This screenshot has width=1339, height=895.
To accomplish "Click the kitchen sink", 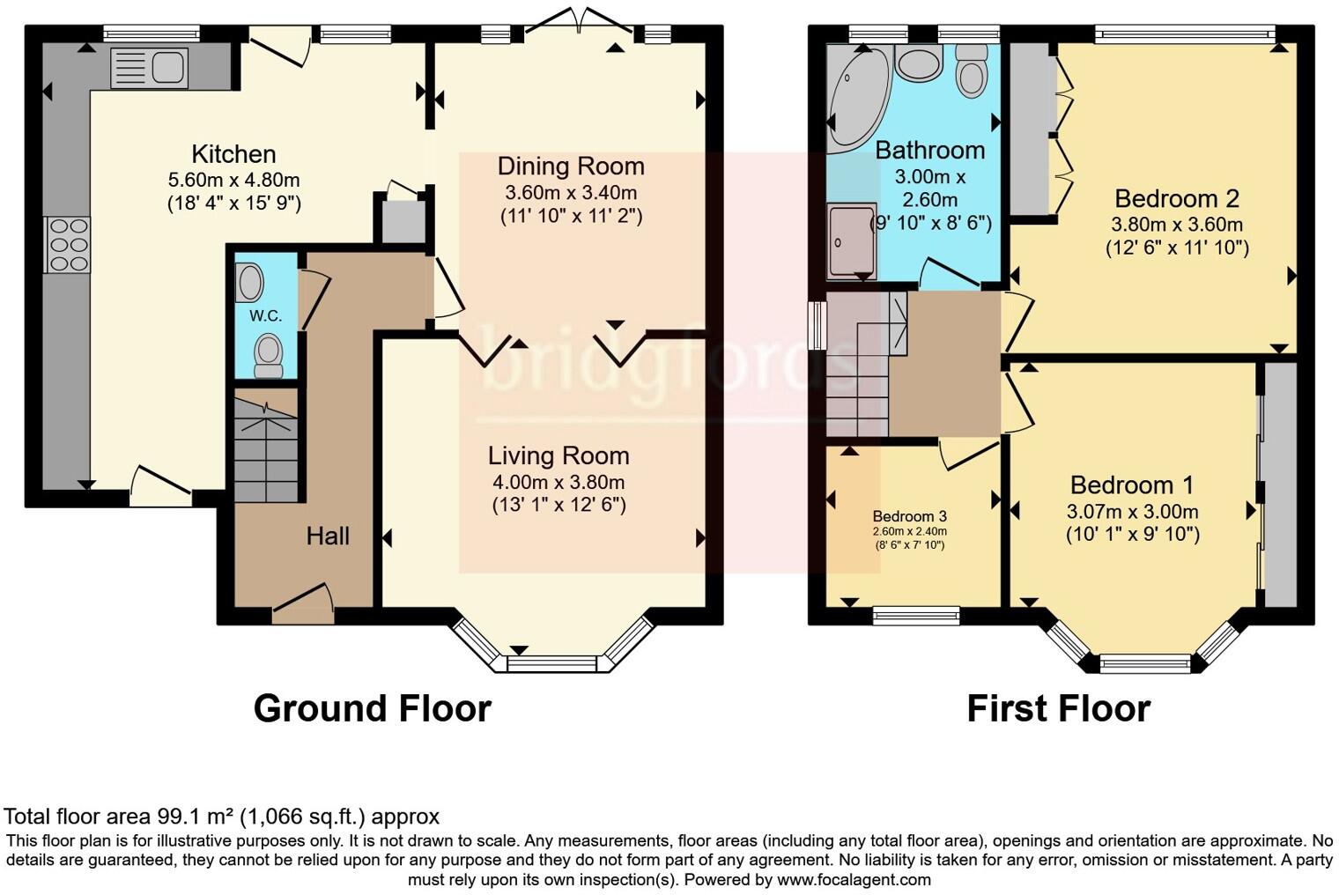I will click(149, 69).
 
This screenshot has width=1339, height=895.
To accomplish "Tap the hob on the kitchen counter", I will click(68, 244).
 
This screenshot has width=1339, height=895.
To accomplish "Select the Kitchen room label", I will click(233, 154).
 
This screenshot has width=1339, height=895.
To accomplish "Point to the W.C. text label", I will click(265, 315).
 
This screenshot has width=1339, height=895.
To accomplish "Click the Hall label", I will click(328, 536).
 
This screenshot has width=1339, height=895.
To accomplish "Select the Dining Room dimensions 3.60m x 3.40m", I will click(571, 192).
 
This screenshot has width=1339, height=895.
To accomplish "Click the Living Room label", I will click(559, 455).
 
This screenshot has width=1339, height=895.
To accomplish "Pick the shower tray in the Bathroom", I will click(851, 241).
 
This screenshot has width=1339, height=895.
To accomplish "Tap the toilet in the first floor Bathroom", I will click(971, 70).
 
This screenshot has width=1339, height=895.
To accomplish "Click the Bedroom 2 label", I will click(1177, 198).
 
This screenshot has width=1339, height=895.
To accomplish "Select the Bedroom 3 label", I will click(910, 516).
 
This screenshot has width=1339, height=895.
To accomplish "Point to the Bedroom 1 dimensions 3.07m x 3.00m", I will click(1132, 511).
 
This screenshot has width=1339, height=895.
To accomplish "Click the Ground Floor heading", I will click(372, 708).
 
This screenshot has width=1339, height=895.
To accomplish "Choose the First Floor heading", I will click(1058, 708).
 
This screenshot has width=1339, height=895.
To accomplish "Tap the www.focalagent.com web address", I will click(853, 879).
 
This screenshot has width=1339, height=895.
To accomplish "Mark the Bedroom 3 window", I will click(916, 615).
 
